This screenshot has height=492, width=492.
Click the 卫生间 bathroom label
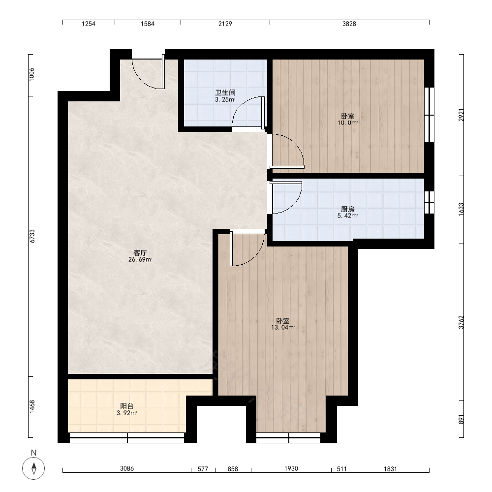click(225, 92)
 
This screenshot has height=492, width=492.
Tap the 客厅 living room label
click(140, 252)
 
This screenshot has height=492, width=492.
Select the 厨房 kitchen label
click(347, 209)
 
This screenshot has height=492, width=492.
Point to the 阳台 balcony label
click(127, 406)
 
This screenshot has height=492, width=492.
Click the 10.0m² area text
click(348, 123)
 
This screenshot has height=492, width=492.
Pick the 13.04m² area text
click(283, 328)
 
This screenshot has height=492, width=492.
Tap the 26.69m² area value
click(140, 259)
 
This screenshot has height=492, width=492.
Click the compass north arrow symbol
click(33, 468)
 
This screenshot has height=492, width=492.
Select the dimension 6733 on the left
click(32, 236)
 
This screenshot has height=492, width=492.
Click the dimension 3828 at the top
click(349, 24)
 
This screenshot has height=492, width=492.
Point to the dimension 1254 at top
click(89, 24)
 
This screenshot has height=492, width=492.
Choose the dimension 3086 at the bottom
click(127, 468)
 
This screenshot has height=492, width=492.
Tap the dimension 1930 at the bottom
click(291, 468)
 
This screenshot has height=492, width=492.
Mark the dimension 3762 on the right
click(461, 322)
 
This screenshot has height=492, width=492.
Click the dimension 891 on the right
click(461, 420)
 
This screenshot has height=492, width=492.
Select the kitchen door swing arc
click(293, 204)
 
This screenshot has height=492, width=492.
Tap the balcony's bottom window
click(127, 438)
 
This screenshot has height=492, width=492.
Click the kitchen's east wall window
click(429, 202)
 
